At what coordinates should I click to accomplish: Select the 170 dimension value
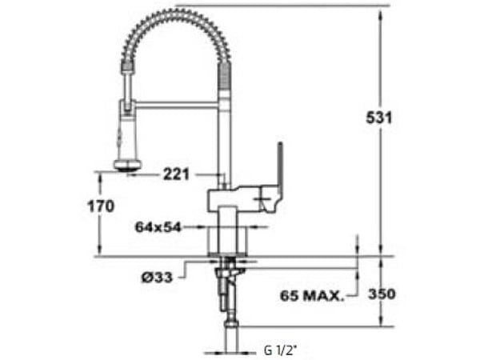pyautogui.click(x=100, y=206)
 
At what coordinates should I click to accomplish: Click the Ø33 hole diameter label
pyautogui.click(x=158, y=277)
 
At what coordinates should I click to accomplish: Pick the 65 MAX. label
pyautogui.click(x=312, y=295)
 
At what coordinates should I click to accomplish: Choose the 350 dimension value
pyautogui.click(x=382, y=294)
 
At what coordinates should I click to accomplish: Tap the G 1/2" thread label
pyautogui.click(x=279, y=350)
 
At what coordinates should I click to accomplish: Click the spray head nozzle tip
pyautogui.click(x=125, y=167)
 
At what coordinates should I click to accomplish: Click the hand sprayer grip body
pyautogui.click(x=126, y=132)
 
